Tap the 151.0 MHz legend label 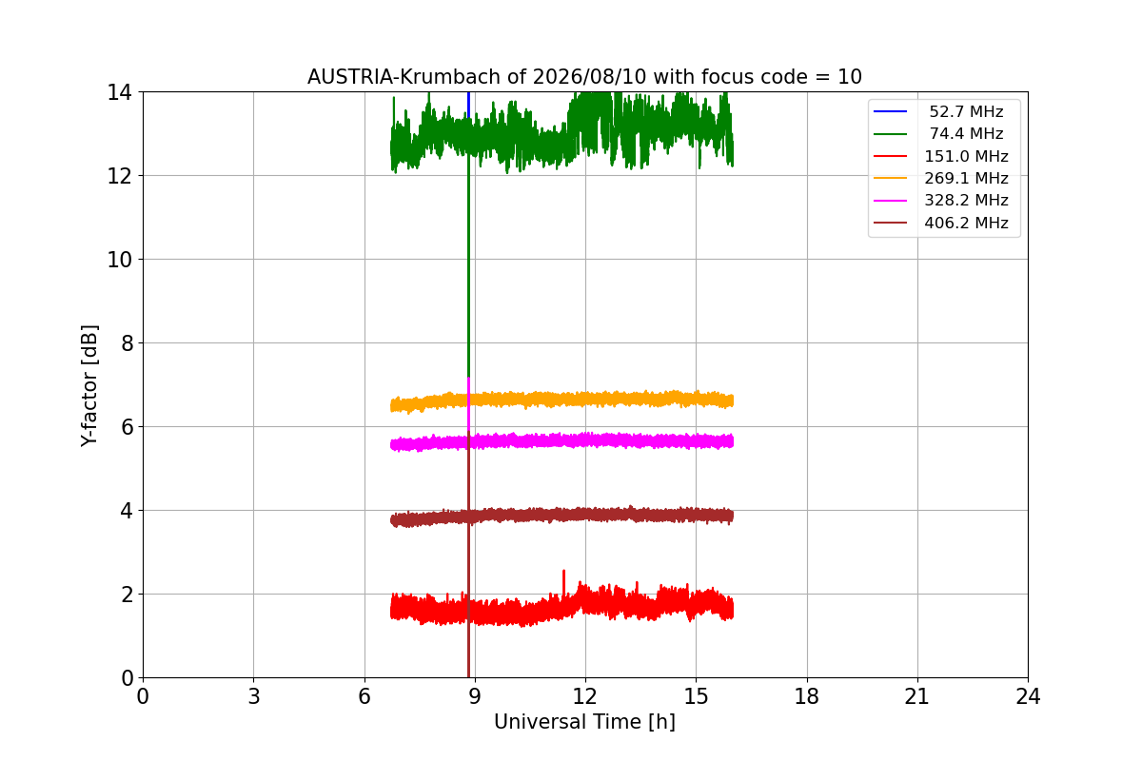click(966, 156)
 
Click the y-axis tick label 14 click(119, 93)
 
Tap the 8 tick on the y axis click(127, 343)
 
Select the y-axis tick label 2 click(127, 595)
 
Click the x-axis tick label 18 click(807, 696)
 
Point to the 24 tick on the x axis click(1028, 696)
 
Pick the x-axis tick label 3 click(254, 696)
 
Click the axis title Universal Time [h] click(584, 722)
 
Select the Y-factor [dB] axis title click(89, 386)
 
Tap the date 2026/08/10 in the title click(589, 77)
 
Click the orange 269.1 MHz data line click(561, 400)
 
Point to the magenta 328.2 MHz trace click(561, 441)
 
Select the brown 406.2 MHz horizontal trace click(561, 516)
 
